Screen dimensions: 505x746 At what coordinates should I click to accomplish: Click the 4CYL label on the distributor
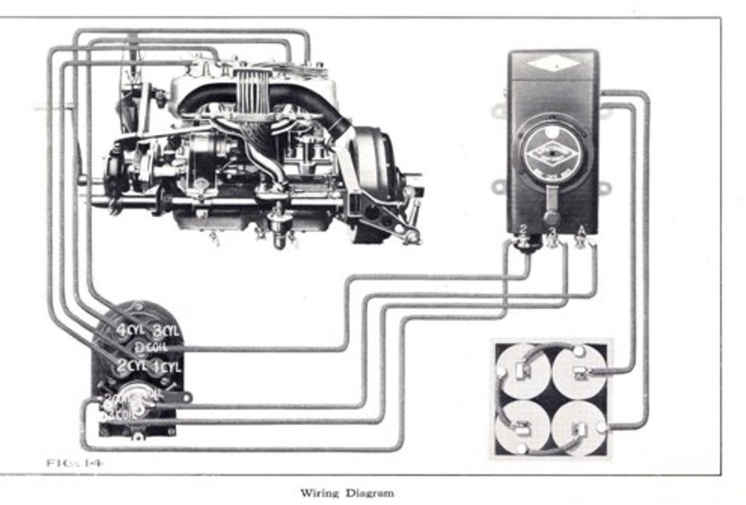click(x=130, y=329)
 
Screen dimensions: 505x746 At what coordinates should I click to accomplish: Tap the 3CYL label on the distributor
click(x=167, y=330)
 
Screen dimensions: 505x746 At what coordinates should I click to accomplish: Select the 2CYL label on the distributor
click(x=128, y=366)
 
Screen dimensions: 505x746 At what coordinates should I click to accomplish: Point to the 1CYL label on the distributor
click(x=166, y=367)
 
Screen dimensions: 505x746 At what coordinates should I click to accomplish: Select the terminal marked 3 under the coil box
click(x=553, y=241)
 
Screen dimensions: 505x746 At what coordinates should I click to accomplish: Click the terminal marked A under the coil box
click(x=581, y=241)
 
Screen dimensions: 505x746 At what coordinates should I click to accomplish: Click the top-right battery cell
click(x=579, y=371)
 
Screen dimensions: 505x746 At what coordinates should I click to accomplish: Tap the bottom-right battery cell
click(x=579, y=427)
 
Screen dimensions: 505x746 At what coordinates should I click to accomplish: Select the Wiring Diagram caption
click(x=347, y=494)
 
